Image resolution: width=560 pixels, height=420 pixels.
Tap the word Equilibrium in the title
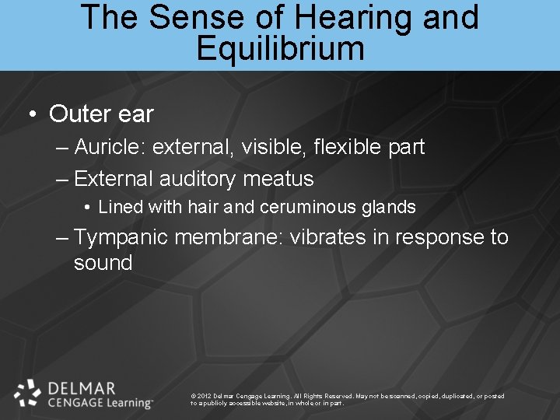tap(280, 48)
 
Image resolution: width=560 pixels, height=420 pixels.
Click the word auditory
tap(197, 180)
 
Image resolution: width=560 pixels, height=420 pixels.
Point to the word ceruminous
tap(309, 207)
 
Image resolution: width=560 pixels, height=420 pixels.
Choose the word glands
tap(389, 207)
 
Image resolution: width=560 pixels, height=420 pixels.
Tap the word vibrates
tap(327, 236)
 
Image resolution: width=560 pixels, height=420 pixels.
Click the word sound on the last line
tap(103, 263)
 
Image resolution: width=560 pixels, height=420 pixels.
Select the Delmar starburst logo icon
tap(28, 394)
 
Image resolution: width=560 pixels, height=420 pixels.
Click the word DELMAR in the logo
tap(82, 387)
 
